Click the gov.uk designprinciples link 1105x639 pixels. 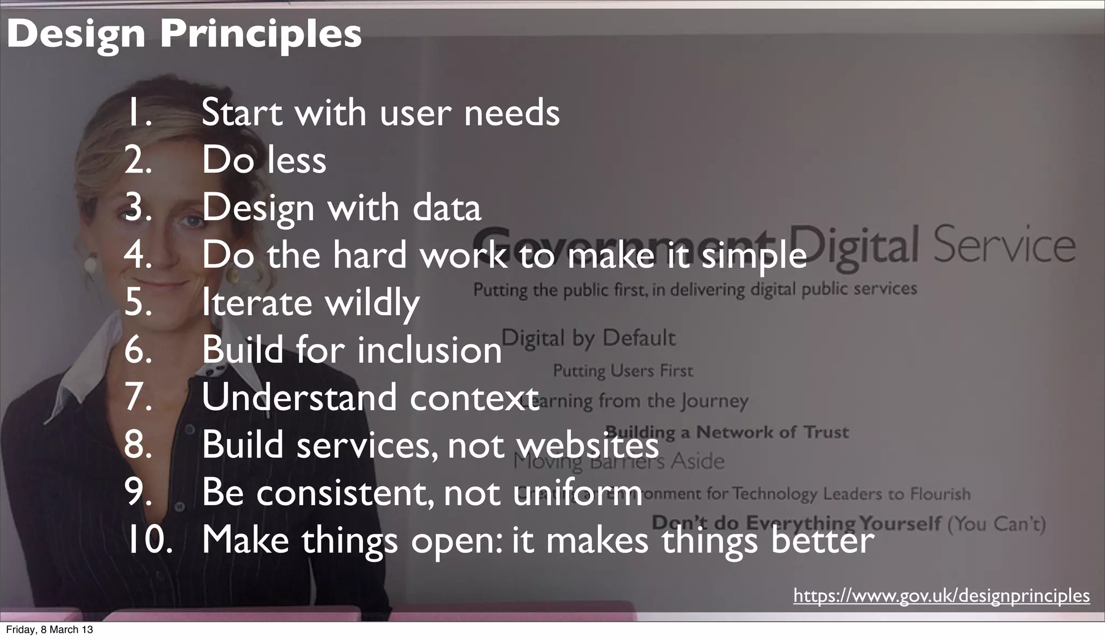click(x=941, y=596)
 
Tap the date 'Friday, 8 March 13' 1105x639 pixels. click(x=49, y=630)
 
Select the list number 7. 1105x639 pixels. click(x=138, y=397)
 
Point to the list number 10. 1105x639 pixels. click(x=150, y=540)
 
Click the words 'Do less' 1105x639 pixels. click(x=264, y=160)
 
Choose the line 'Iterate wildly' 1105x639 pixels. click(x=310, y=302)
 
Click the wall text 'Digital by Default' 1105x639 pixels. click(x=588, y=338)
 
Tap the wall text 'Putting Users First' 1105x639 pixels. click(x=623, y=371)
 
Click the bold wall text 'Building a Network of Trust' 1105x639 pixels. click(x=726, y=432)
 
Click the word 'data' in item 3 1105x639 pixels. click(x=447, y=207)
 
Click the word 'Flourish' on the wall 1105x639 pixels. click(x=940, y=494)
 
